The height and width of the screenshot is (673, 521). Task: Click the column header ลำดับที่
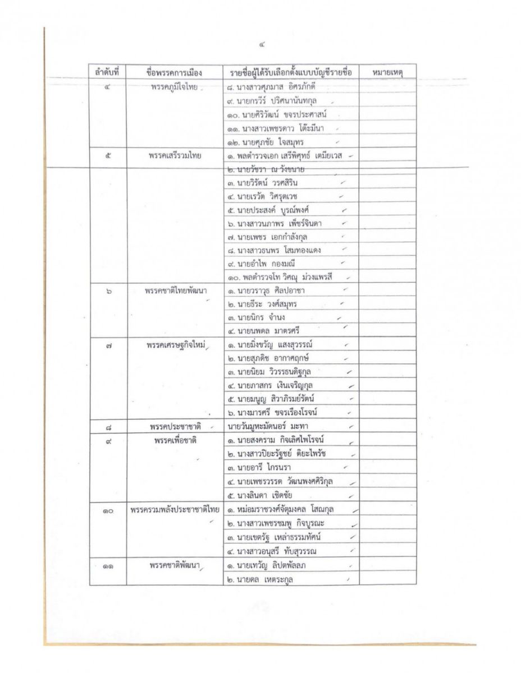click(107, 73)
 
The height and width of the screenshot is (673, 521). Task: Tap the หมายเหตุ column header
click(387, 73)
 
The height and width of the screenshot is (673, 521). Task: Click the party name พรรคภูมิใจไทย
click(173, 87)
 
